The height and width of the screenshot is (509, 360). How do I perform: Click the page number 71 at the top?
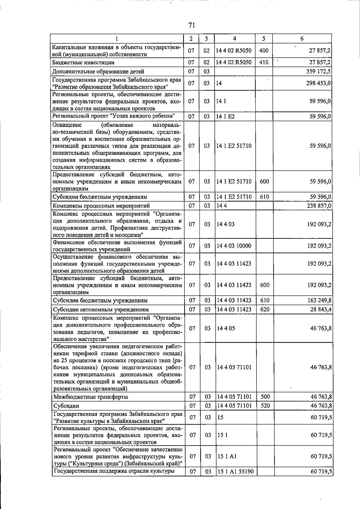click(x=192, y=25)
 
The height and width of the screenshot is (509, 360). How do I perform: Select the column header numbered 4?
click(x=234, y=39)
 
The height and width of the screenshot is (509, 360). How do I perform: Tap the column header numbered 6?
click(x=302, y=39)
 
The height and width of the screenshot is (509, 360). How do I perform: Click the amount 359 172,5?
click(x=318, y=71)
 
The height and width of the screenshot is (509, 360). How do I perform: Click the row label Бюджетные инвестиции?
click(x=83, y=62)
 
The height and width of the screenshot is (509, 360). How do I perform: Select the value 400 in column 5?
click(x=264, y=50)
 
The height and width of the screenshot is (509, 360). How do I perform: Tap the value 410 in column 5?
click(x=264, y=62)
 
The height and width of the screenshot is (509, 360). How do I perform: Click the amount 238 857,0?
click(x=319, y=206)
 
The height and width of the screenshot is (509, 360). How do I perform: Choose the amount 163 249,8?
click(x=319, y=300)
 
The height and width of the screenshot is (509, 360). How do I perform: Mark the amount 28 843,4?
click(x=321, y=309)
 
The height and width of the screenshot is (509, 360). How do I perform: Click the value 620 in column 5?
click(x=265, y=309)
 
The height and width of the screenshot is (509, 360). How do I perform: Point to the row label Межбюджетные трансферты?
click(x=91, y=397)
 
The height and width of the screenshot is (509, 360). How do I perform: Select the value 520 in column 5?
click(x=265, y=406)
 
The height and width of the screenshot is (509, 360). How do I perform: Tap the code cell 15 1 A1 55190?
click(x=235, y=472)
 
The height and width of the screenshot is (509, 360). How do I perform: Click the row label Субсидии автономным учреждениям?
click(x=101, y=309)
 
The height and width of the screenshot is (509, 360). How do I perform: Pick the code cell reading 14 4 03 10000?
click(x=234, y=246)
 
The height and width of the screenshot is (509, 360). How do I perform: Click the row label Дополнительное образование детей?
click(x=98, y=71)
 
